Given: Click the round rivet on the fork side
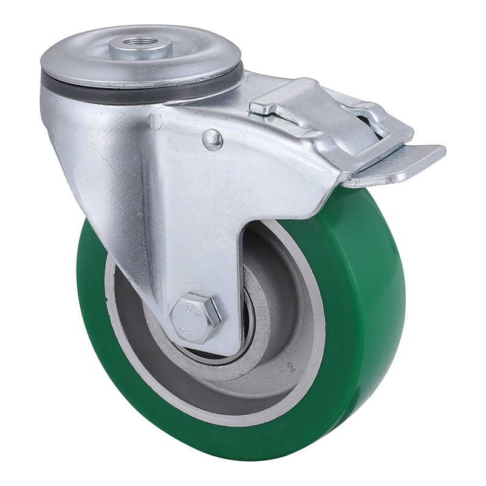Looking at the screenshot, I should point(212,140).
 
